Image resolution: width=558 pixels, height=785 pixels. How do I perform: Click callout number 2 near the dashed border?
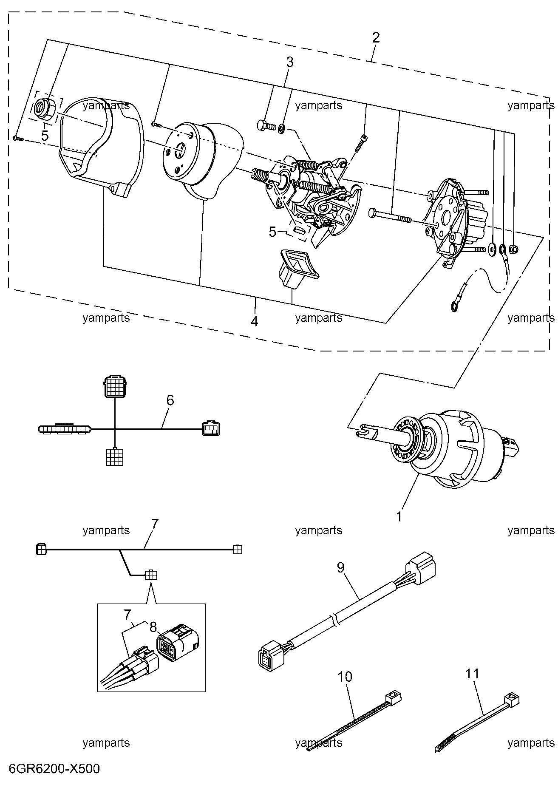pyautogui.click(x=376, y=37)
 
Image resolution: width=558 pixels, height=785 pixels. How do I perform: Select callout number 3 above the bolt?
pyautogui.click(x=289, y=62)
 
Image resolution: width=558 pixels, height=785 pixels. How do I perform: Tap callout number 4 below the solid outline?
pyautogui.click(x=254, y=321)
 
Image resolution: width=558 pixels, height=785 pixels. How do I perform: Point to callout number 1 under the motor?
pyautogui.click(x=399, y=516)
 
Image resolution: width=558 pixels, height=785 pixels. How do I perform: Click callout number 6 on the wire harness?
pyautogui.click(x=170, y=400)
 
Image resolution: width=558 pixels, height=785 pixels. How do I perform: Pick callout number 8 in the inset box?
pyautogui.click(x=153, y=627)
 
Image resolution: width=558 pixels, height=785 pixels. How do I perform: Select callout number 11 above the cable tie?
pyautogui.click(x=472, y=674)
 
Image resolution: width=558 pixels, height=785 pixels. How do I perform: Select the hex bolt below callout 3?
pyautogui.click(x=267, y=125)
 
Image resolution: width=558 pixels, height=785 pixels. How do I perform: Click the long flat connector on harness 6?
pyautogui.click(x=64, y=429)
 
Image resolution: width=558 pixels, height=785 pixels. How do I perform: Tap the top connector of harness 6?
pyautogui.click(x=115, y=386)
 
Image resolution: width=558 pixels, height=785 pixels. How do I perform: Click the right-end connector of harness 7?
pyautogui.click(x=238, y=549)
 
